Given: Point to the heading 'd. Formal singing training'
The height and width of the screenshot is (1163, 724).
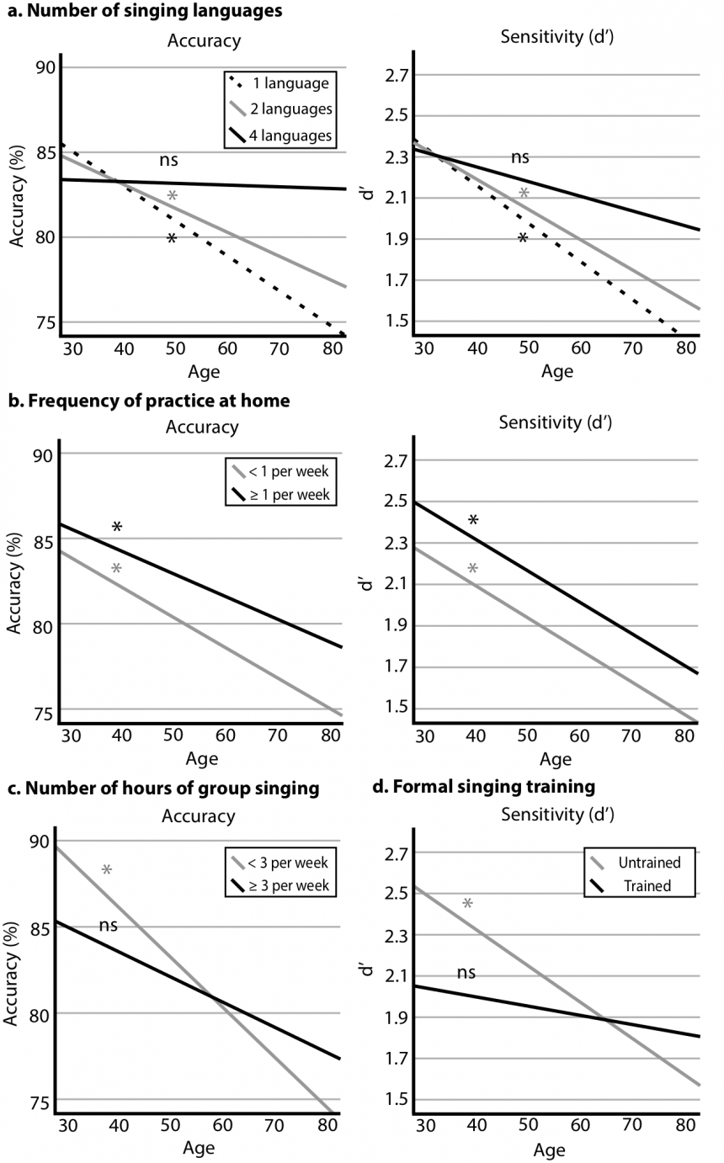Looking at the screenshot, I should (486, 787).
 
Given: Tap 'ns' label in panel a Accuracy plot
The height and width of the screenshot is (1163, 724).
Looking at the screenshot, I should (169, 160).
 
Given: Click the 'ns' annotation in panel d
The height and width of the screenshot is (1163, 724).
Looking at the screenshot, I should (466, 973).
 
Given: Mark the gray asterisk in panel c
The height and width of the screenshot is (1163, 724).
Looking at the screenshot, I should (107, 870).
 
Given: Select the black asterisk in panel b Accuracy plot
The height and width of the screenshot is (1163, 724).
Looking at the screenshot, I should (117, 528).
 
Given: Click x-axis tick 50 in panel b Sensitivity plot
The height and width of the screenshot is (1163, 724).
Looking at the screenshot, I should (527, 736).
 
